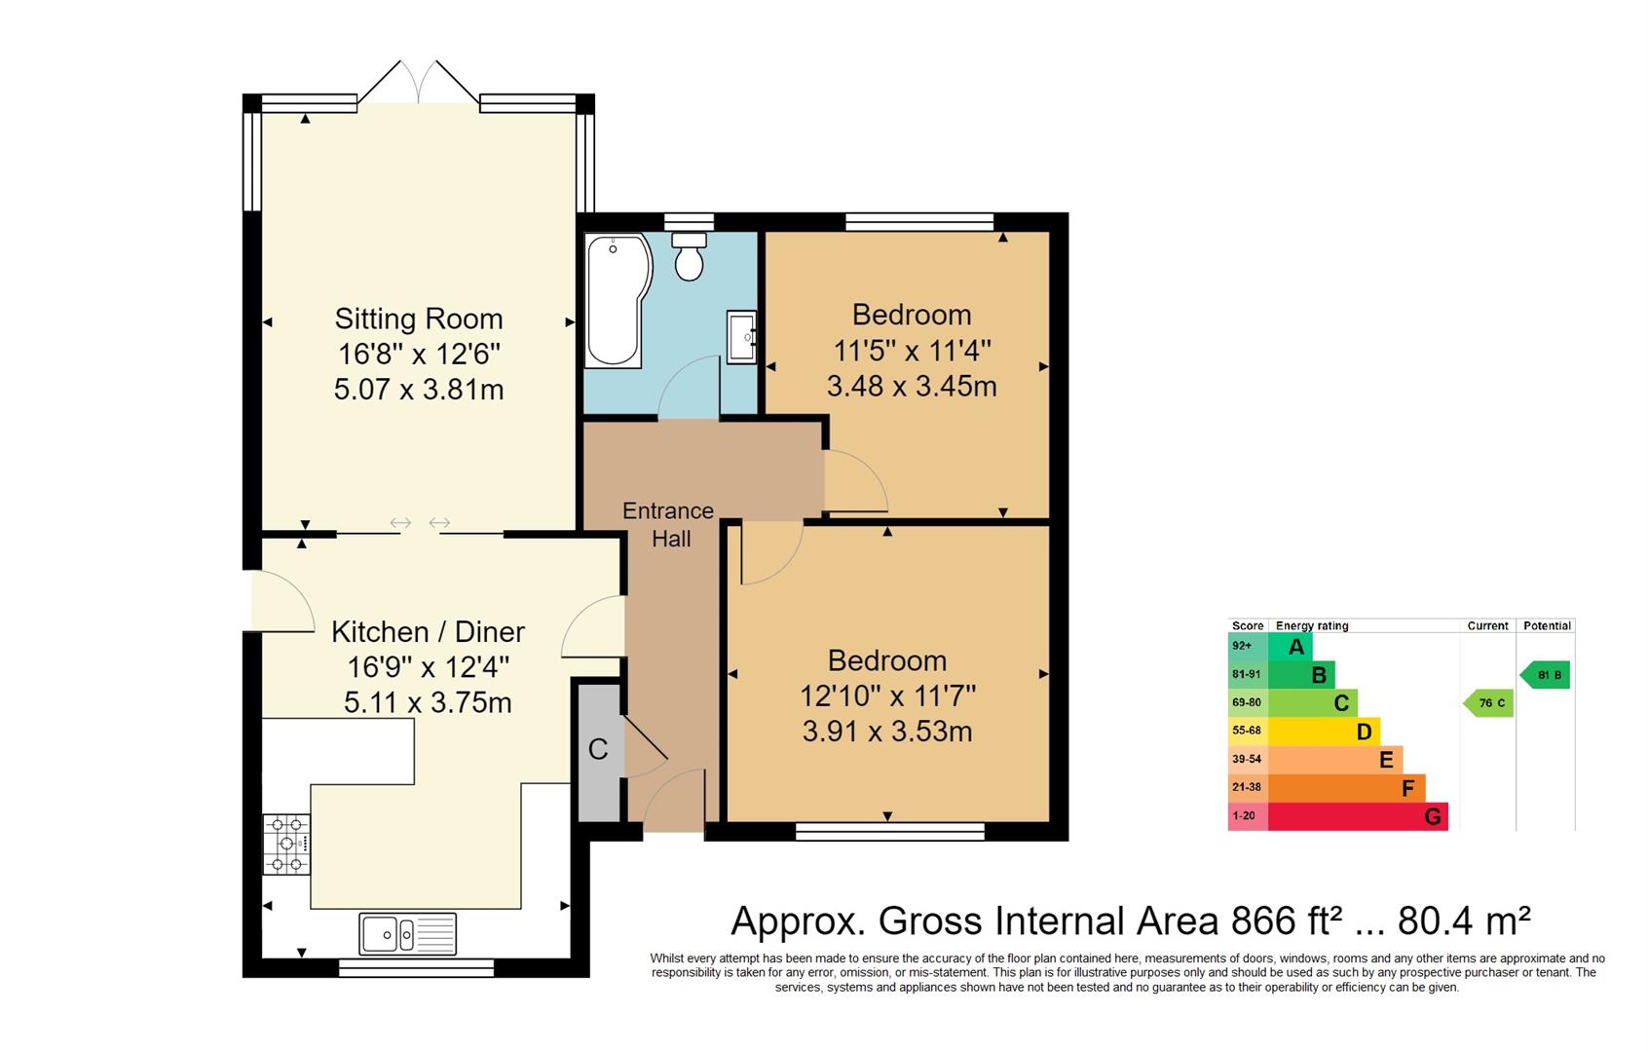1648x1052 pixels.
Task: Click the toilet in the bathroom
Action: pyautogui.click(x=689, y=257)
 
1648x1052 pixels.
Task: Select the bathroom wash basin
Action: pyautogui.click(x=741, y=337)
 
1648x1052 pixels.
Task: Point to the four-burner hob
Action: pyautogui.click(x=286, y=845)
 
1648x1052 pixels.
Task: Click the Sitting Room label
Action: pyautogui.click(x=419, y=319)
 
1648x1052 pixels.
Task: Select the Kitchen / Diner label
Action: pyautogui.click(x=428, y=631)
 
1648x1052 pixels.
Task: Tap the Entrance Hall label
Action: pyautogui.click(x=669, y=524)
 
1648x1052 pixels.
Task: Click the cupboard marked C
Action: pyautogui.click(x=598, y=749)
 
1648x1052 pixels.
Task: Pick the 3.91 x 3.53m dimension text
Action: pyautogui.click(x=886, y=731)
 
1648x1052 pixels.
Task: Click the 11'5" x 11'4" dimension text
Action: pyautogui.click(x=912, y=350)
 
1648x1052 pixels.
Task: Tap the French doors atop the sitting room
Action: pyautogui.click(x=419, y=84)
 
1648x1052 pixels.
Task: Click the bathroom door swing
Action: pyautogui.click(x=690, y=390)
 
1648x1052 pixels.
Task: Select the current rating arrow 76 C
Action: pyautogui.click(x=1489, y=702)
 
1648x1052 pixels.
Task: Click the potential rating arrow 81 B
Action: pyautogui.click(x=1546, y=675)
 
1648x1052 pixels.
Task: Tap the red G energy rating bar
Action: pyautogui.click(x=1357, y=816)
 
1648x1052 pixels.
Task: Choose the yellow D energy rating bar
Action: pyautogui.click(x=1323, y=731)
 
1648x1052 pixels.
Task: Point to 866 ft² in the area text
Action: pyautogui.click(x=1288, y=920)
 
